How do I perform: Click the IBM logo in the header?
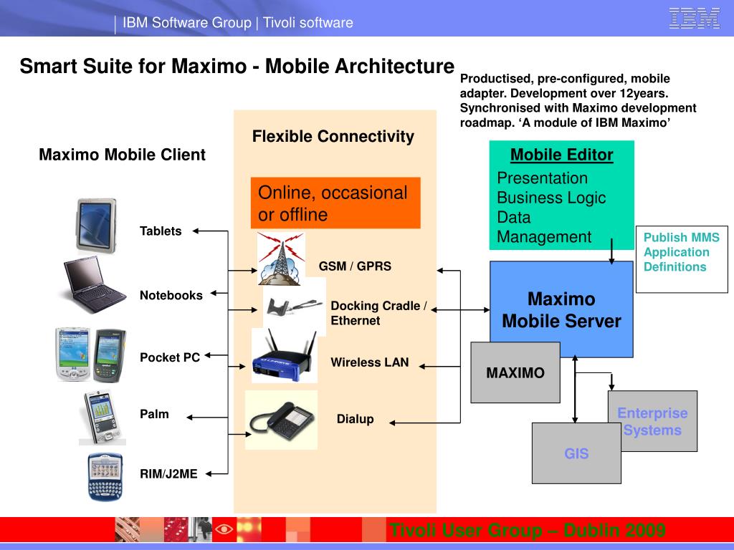[694, 19]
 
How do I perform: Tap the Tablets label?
[161, 231]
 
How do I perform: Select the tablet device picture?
[96, 224]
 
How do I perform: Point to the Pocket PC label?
[170, 357]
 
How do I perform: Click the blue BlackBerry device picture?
[105, 476]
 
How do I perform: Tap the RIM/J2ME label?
[168, 473]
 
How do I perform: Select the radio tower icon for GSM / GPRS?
[281, 259]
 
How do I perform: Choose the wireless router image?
[285, 356]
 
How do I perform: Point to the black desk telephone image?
[281, 420]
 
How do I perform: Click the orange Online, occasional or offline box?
[335, 203]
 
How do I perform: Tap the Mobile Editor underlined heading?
[561, 155]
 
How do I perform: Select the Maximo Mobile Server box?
[561, 309]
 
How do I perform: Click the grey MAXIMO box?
[515, 372]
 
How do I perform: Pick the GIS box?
[576, 453]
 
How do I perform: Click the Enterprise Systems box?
[652, 421]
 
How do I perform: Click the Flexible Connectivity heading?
[333, 136]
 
